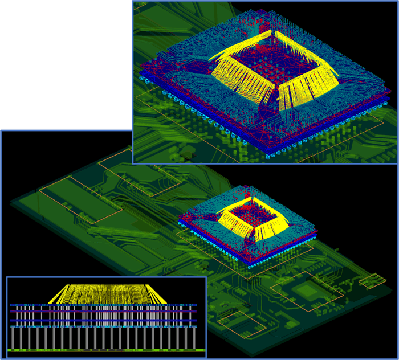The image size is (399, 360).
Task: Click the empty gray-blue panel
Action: (x=66, y=64)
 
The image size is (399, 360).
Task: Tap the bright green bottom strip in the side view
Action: (x=106, y=350)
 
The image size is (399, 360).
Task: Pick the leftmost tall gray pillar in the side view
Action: (x=13, y=337)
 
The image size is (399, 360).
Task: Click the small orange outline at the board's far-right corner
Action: (x=372, y=280)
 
